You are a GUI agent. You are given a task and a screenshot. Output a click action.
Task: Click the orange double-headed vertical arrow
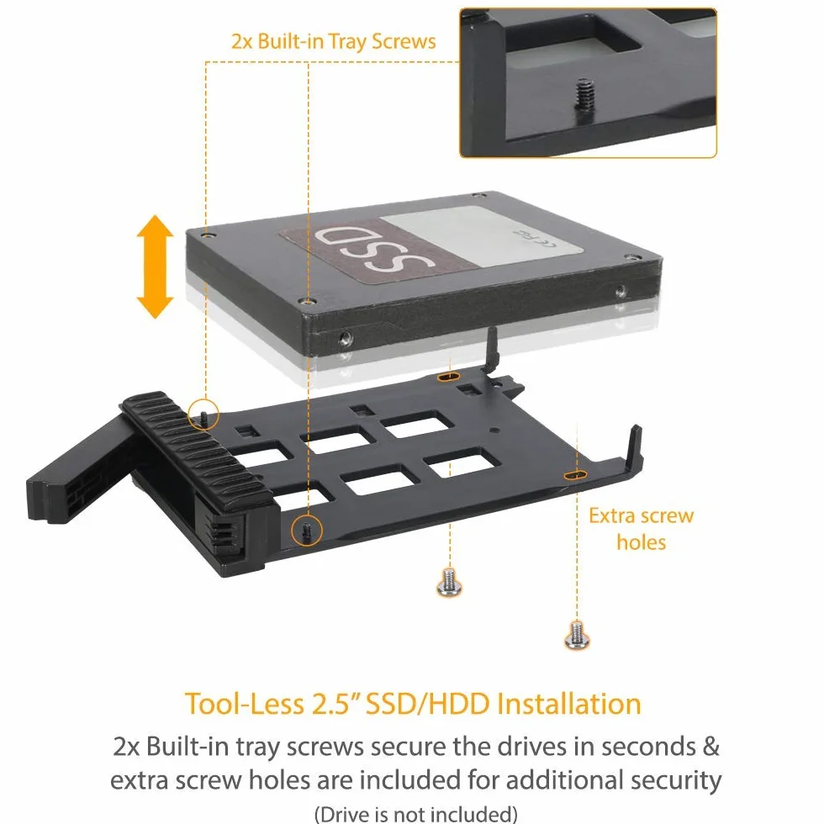(155, 267)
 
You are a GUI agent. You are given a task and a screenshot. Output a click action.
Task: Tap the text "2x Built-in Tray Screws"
(334, 41)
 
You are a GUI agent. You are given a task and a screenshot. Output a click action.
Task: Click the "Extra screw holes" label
(641, 529)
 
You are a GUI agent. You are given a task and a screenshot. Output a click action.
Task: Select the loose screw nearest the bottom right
(577, 635)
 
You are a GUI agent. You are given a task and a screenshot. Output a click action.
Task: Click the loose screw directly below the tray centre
(449, 582)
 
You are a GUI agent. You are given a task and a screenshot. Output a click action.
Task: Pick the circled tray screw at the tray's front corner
(306, 530)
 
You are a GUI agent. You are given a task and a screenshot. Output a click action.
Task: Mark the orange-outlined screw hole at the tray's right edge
(575, 475)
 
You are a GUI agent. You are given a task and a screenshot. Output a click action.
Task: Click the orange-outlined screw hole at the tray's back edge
(448, 377)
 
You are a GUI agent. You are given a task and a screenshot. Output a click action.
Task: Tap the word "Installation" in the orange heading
(569, 704)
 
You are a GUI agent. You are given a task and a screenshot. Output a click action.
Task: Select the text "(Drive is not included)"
(415, 814)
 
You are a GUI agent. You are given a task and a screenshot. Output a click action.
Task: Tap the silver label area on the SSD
(478, 235)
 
